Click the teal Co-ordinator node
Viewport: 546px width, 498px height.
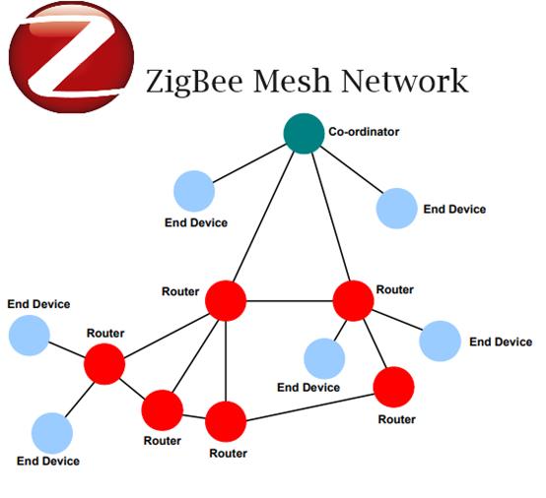(x=304, y=134)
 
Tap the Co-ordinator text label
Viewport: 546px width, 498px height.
(x=364, y=132)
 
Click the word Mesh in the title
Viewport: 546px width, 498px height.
(x=292, y=81)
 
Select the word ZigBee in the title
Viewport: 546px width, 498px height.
(x=194, y=83)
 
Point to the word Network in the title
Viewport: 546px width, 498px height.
(x=405, y=81)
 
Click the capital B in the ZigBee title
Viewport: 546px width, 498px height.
(x=201, y=81)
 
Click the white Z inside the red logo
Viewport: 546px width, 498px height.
(x=71, y=56)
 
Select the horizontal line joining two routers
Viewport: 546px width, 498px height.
(x=290, y=301)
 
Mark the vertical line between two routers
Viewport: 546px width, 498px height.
(x=226, y=361)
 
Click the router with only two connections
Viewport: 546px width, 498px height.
(x=393, y=387)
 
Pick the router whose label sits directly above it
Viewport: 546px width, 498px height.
(x=104, y=364)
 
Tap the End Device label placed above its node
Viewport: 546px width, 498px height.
(x=38, y=304)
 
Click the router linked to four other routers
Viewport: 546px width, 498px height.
(x=226, y=301)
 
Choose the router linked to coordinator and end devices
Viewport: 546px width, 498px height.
(x=354, y=301)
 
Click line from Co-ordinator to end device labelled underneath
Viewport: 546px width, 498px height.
(x=249, y=163)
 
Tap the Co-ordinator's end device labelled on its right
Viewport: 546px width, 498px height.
(x=396, y=209)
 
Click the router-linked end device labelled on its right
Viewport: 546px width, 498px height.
(x=441, y=341)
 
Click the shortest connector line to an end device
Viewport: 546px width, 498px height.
(x=340, y=331)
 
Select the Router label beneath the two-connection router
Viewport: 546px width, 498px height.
(x=396, y=419)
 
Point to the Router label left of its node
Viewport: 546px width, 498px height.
(x=180, y=291)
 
